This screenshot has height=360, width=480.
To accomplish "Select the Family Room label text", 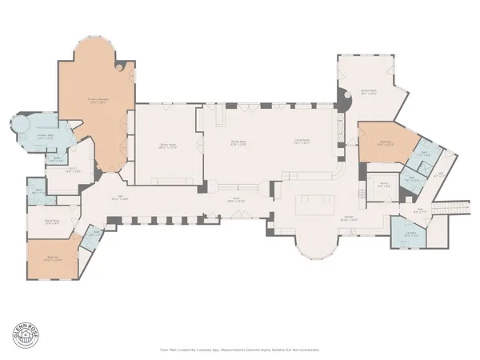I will tap(167, 146).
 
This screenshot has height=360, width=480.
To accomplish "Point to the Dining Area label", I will tap(238, 142).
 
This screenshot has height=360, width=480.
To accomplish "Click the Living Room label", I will tap(302, 142).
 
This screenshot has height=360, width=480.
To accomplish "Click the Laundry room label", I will tap(410, 234).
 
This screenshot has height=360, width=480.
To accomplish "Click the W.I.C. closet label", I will tap(71, 169).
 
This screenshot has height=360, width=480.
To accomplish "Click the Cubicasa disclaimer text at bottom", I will tap(240, 350).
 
